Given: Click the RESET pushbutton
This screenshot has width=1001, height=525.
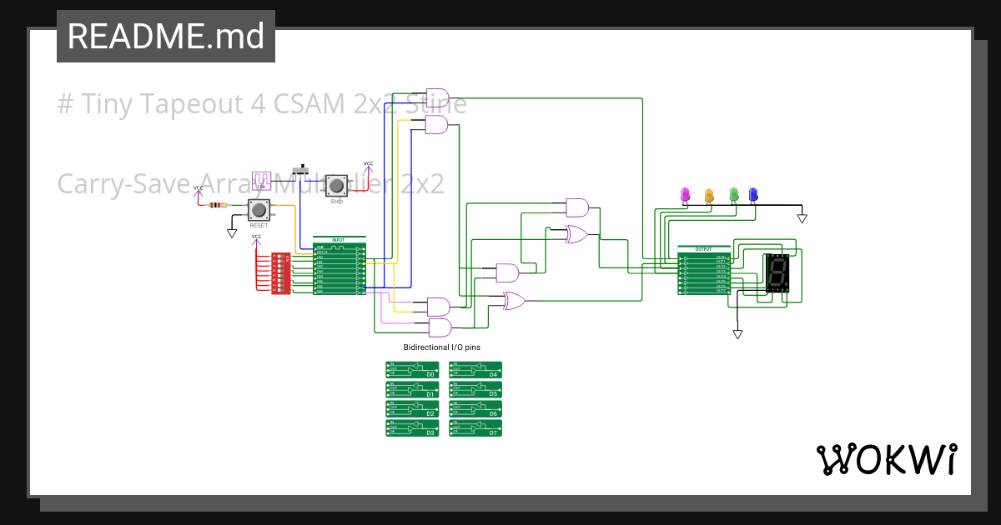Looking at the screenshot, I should coord(259,209).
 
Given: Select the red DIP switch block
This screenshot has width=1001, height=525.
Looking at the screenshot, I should coord(281,273).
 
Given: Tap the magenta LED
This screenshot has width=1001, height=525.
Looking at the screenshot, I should coord(686,195).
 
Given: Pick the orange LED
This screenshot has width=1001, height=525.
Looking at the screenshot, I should coord(710,195).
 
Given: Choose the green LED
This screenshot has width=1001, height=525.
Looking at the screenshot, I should coord(734,195).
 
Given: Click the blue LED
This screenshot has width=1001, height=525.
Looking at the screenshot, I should coord(753,195).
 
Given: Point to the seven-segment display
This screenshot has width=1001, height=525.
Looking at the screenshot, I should coord(777,272).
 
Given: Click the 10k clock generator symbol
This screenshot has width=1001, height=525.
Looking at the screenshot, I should coord(262,180).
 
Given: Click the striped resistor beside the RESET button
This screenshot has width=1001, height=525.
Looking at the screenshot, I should coord(218,205).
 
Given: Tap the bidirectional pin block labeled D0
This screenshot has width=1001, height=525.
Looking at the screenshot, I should coord(412,369).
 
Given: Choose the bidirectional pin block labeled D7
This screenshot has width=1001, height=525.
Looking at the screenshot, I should coord(475,427).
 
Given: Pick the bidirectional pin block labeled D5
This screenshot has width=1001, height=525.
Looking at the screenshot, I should coord(475,388).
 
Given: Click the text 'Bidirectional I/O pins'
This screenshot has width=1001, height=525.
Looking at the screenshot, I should coord(442,347).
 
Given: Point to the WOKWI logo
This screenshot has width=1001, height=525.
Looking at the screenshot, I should coord(887,459).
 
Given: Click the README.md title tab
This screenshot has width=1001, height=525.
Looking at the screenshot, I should coord(166,37).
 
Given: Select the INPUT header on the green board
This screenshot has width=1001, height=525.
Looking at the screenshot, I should coord(339,240).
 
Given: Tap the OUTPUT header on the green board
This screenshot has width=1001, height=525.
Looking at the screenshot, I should coord(704,248).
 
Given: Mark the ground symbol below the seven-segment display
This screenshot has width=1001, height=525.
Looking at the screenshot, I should coord(737,333).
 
